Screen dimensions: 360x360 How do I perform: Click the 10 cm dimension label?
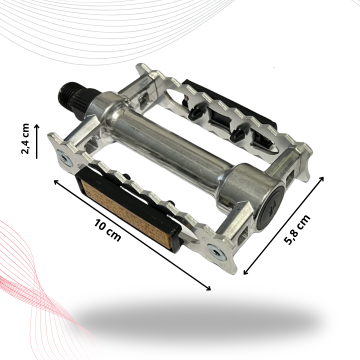pyautogui.click(x=107, y=231)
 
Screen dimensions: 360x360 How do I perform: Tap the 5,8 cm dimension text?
pyautogui.click(x=298, y=230)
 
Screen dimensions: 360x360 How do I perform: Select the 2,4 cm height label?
pyautogui.click(x=25, y=139)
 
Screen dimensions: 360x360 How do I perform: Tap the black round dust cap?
pyautogui.click(x=269, y=207)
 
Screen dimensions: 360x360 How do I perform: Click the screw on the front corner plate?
pyautogui.click(x=215, y=252)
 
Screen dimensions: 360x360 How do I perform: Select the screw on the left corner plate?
pyautogui.click(x=64, y=157)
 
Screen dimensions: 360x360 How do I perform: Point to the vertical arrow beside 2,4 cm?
pyautogui.click(x=37, y=141)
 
